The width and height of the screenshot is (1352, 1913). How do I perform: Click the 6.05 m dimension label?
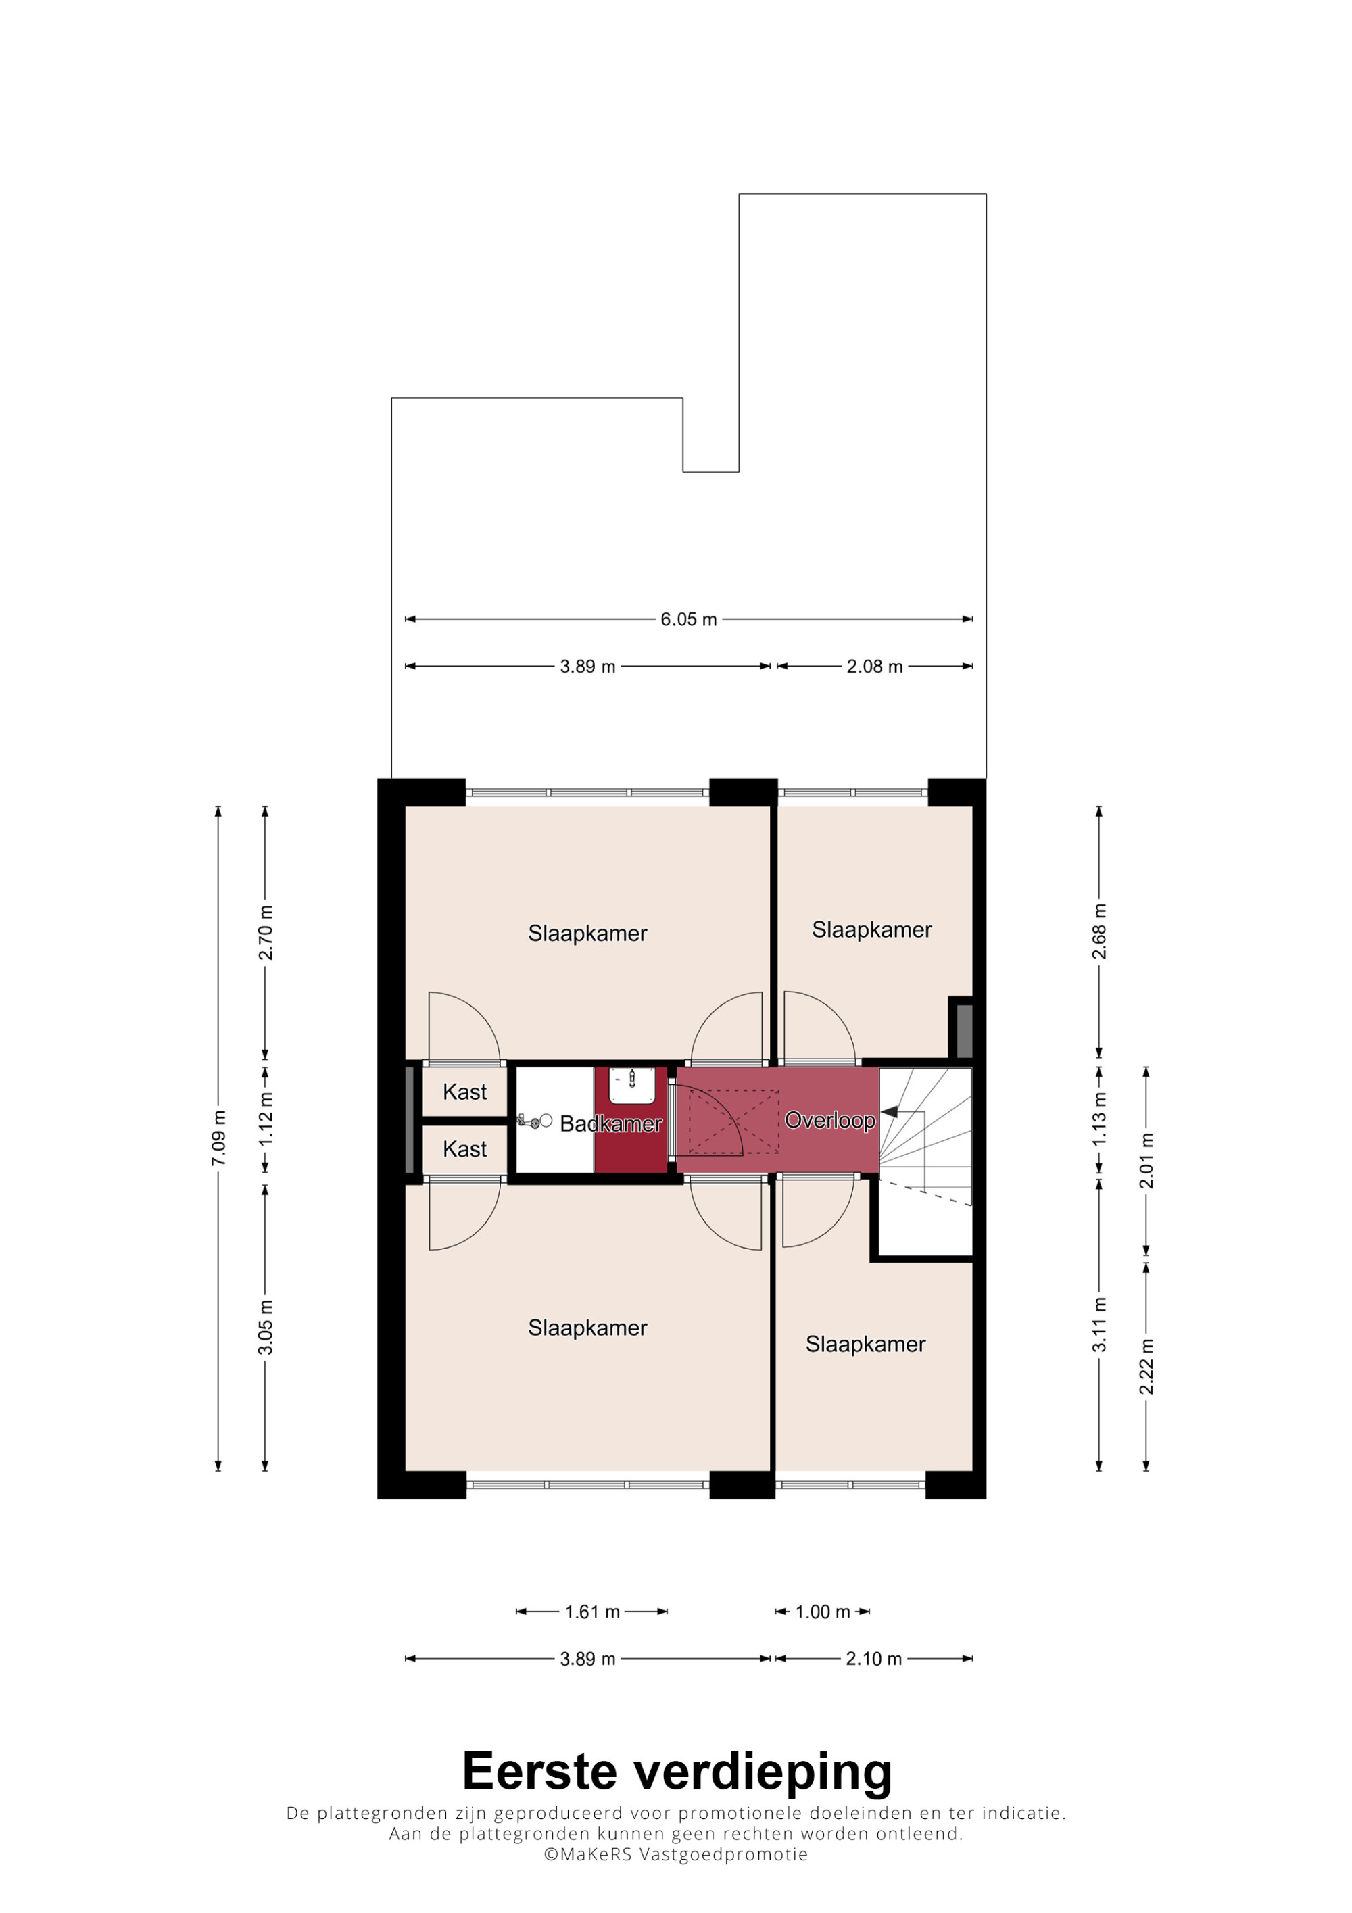point(688,619)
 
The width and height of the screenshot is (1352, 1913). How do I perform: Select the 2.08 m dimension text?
point(875,667)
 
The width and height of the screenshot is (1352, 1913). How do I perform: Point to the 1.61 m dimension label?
point(592,1612)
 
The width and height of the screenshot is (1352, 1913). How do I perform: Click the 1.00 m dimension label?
point(822,1612)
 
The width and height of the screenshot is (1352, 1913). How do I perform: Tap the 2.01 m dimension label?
point(1146,1161)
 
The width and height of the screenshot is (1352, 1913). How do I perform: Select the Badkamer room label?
point(610,1124)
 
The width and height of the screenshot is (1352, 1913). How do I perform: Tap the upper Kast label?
point(465,1092)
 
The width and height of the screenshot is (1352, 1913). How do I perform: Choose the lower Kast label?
point(465,1149)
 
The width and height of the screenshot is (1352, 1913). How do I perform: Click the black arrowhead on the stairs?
point(890,1111)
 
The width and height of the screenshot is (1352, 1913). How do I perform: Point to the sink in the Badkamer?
point(632,1085)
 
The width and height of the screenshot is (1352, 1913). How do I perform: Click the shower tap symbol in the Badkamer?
point(533,1122)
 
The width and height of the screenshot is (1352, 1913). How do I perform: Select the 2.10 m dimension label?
point(874,1659)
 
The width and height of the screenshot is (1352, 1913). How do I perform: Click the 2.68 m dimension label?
point(1100,931)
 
